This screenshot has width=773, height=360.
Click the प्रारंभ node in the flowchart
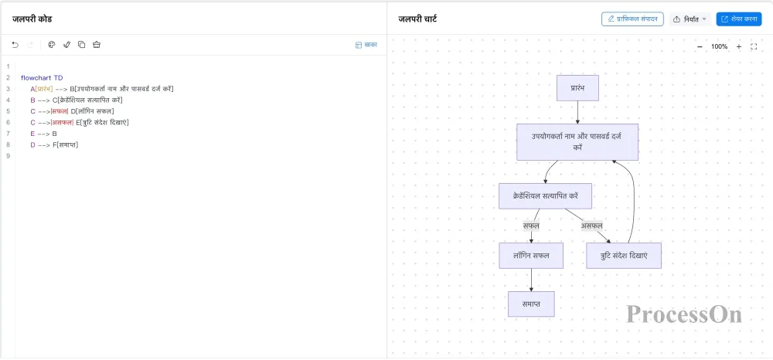(577, 88)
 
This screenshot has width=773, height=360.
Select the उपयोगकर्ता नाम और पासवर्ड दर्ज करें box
(577, 142)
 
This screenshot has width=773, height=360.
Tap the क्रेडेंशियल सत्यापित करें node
(545, 196)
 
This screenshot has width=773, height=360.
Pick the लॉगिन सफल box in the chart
(531, 256)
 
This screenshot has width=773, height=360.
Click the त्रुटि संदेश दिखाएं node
(624, 256)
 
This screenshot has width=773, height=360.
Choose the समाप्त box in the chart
(532, 304)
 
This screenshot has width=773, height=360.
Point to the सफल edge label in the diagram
(531, 226)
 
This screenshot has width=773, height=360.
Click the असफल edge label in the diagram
(591, 226)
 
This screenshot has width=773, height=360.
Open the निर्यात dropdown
(690, 19)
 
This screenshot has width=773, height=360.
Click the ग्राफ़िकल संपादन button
(633, 19)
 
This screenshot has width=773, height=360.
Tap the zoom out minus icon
(700, 47)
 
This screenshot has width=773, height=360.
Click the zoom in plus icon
(738, 47)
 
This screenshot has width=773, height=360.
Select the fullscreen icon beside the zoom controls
(753, 47)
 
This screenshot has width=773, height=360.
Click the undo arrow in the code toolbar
(15, 45)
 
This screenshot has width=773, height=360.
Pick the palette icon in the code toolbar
(51, 45)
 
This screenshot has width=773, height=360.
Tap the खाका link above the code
(366, 45)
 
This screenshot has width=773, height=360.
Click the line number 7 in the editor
(8, 134)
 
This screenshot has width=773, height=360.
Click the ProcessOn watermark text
(684, 314)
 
